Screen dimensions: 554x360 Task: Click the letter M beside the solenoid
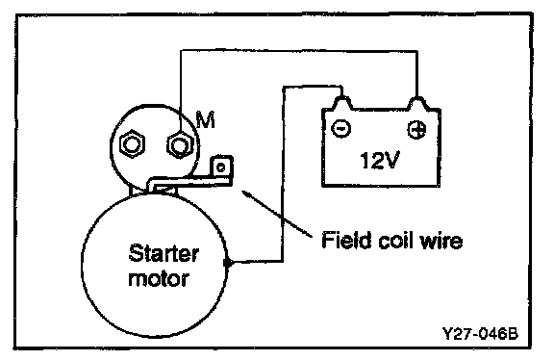click(206, 120)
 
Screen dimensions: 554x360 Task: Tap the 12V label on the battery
click(380, 160)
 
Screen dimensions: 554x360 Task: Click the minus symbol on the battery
click(340, 128)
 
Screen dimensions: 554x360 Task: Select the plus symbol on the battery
click(416, 129)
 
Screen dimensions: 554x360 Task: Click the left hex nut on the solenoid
click(133, 144)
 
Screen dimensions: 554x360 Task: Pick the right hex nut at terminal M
click(180, 144)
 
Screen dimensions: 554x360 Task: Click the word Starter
click(164, 253)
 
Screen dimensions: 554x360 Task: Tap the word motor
click(159, 279)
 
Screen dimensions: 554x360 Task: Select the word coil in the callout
click(394, 241)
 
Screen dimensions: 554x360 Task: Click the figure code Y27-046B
click(480, 333)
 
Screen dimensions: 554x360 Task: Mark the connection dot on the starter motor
click(228, 263)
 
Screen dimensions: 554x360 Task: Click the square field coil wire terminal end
click(221, 167)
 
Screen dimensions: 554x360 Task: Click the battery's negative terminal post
click(341, 102)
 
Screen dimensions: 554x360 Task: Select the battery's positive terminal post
click(417, 103)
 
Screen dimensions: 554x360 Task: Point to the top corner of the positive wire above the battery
click(417, 52)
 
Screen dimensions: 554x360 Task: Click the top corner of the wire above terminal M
click(181, 51)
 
